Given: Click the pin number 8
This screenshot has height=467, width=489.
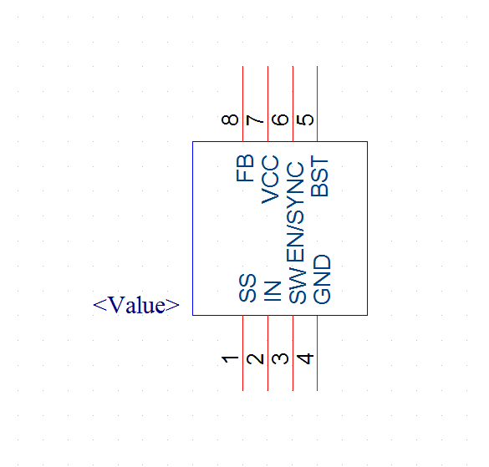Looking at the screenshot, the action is [230, 119].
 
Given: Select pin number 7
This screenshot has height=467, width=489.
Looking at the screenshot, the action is [255, 120].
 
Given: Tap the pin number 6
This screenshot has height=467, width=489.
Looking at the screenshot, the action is [280, 119].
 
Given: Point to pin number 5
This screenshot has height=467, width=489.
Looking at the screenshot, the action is [305, 119].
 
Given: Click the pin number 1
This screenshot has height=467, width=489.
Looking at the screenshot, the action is [230, 359].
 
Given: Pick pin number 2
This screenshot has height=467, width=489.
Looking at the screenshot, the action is [255, 359].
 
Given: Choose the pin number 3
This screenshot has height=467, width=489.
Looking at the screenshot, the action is [280, 359].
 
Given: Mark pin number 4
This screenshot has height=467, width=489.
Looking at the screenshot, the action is [305, 358].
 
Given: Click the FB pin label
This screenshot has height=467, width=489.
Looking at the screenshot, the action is [245, 168].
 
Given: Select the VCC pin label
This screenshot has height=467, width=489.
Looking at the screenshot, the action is [270, 180].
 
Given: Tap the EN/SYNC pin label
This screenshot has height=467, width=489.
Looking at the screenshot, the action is [295, 212].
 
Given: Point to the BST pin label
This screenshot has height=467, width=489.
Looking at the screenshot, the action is [319, 176].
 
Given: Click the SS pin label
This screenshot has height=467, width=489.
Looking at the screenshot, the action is [247, 288].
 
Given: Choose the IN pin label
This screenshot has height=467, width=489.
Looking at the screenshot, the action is [273, 292].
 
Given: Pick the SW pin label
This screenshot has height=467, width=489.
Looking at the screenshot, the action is [298, 285].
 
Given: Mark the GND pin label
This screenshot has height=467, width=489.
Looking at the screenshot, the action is [322, 279].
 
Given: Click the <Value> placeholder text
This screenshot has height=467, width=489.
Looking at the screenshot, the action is [136, 305].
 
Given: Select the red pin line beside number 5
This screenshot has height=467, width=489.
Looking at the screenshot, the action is [317, 104].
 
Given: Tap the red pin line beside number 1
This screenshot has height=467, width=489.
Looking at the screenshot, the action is [242, 353].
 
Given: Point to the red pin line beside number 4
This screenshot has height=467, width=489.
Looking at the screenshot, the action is [317, 353].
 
